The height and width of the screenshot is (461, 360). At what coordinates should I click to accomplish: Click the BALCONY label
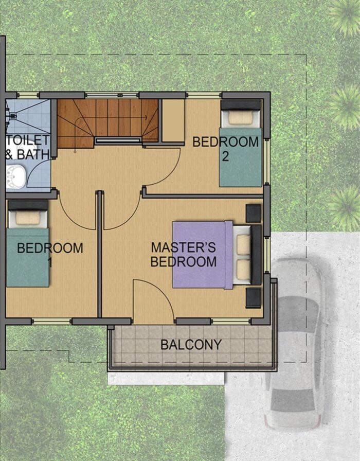tap(191, 345)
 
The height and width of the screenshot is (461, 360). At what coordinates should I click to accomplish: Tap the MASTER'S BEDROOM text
tap(184, 255)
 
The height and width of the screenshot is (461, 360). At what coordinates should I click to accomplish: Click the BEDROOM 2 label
tap(225, 149)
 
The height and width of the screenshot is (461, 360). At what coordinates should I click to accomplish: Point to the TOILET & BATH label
tap(27, 147)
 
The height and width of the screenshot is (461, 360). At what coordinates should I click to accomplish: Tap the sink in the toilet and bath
tap(16, 176)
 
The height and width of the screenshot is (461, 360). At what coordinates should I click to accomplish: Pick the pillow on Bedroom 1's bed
tap(27, 218)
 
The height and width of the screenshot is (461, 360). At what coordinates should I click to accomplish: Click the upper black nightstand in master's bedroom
tap(254, 214)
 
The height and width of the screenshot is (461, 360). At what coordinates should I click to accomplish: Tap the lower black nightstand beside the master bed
tap(254, 298)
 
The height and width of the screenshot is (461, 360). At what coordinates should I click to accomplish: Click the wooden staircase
tap(108, 123)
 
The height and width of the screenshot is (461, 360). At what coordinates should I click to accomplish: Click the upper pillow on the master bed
tap(244, 244)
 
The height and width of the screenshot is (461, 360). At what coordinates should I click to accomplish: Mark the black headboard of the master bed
tap(256, 255)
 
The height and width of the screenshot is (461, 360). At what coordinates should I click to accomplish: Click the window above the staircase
tap(112, 95)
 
